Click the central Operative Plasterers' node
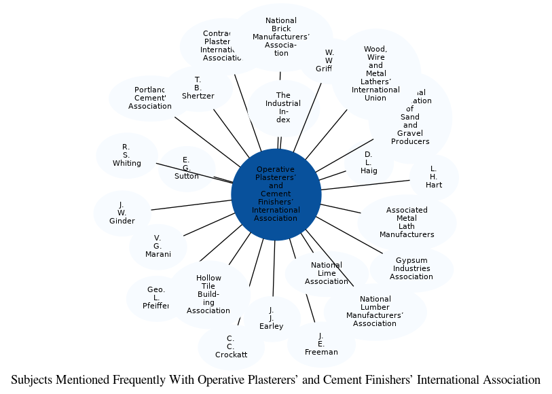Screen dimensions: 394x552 pyautogui.click(x=276, y=194)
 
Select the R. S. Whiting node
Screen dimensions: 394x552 pyautogui.click(x=127, y=156)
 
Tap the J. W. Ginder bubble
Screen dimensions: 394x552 pyautogui.click(x=122, y=213)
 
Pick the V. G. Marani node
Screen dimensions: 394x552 pyautogui.click(x=158, y=247)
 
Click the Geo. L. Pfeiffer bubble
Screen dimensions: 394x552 pyautogui.click(x=156, y=298)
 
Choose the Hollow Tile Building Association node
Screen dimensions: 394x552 pyautogui.click(x=208, y=295)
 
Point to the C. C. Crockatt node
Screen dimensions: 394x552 pyautogui.click(x=231, y=346)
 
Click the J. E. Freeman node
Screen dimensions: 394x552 pyautogui.click(x=321, y=344)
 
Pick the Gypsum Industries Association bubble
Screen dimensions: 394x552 pyautogui.click(x=411, y=269)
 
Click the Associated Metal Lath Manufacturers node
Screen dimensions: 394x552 pyautogui.click(x=407, y=222)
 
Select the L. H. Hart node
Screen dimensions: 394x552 pyautogui.click(x=434, y=177)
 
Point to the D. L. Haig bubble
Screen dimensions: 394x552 pyautogui.click(x=369, y=163)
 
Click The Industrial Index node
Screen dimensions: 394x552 pyautogui.click(x=283, y=108)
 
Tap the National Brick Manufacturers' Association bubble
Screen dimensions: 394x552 pyautogui.click(x=281, y=37)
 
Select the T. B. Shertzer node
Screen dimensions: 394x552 pyautogui.click(x=198, y=88)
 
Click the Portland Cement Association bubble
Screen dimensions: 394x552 pyautogui.click(x=149, y=98)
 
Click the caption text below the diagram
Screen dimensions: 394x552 pyautogui.click(x=276, y=380)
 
